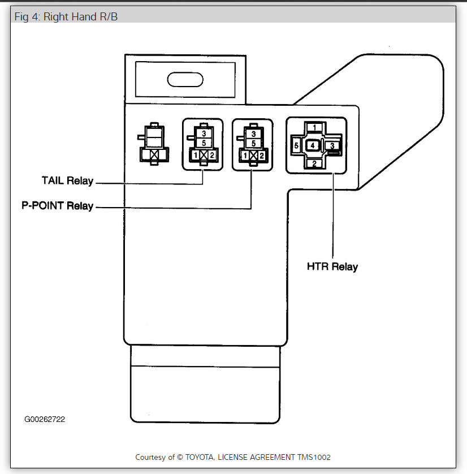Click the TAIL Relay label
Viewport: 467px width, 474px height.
(67, 181)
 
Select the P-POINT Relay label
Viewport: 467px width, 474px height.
(57, 206)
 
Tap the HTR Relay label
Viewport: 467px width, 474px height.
(332, 266)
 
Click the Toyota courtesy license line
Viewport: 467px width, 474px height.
(233, 456)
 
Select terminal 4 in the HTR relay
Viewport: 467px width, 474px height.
(313, 146)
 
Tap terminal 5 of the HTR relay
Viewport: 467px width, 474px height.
(296, 146)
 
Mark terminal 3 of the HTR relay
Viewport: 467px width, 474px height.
(333, 146)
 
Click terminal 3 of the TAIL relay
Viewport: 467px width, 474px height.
(203, 133)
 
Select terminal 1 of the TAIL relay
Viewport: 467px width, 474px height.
(195, 155)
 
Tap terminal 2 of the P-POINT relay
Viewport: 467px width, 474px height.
(261, 155)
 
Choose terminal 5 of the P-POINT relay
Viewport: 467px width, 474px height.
(253, 143)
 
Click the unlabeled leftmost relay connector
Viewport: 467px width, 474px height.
(154, 145)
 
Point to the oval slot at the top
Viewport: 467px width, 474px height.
(185, 79)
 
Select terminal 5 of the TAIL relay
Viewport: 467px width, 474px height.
(203, 143)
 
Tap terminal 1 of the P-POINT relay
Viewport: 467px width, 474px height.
(244, 155)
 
